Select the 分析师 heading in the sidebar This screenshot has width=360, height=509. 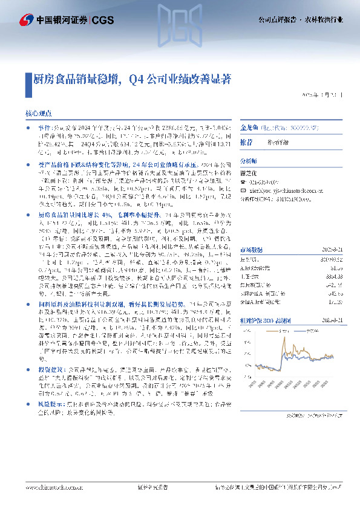point(249,161)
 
